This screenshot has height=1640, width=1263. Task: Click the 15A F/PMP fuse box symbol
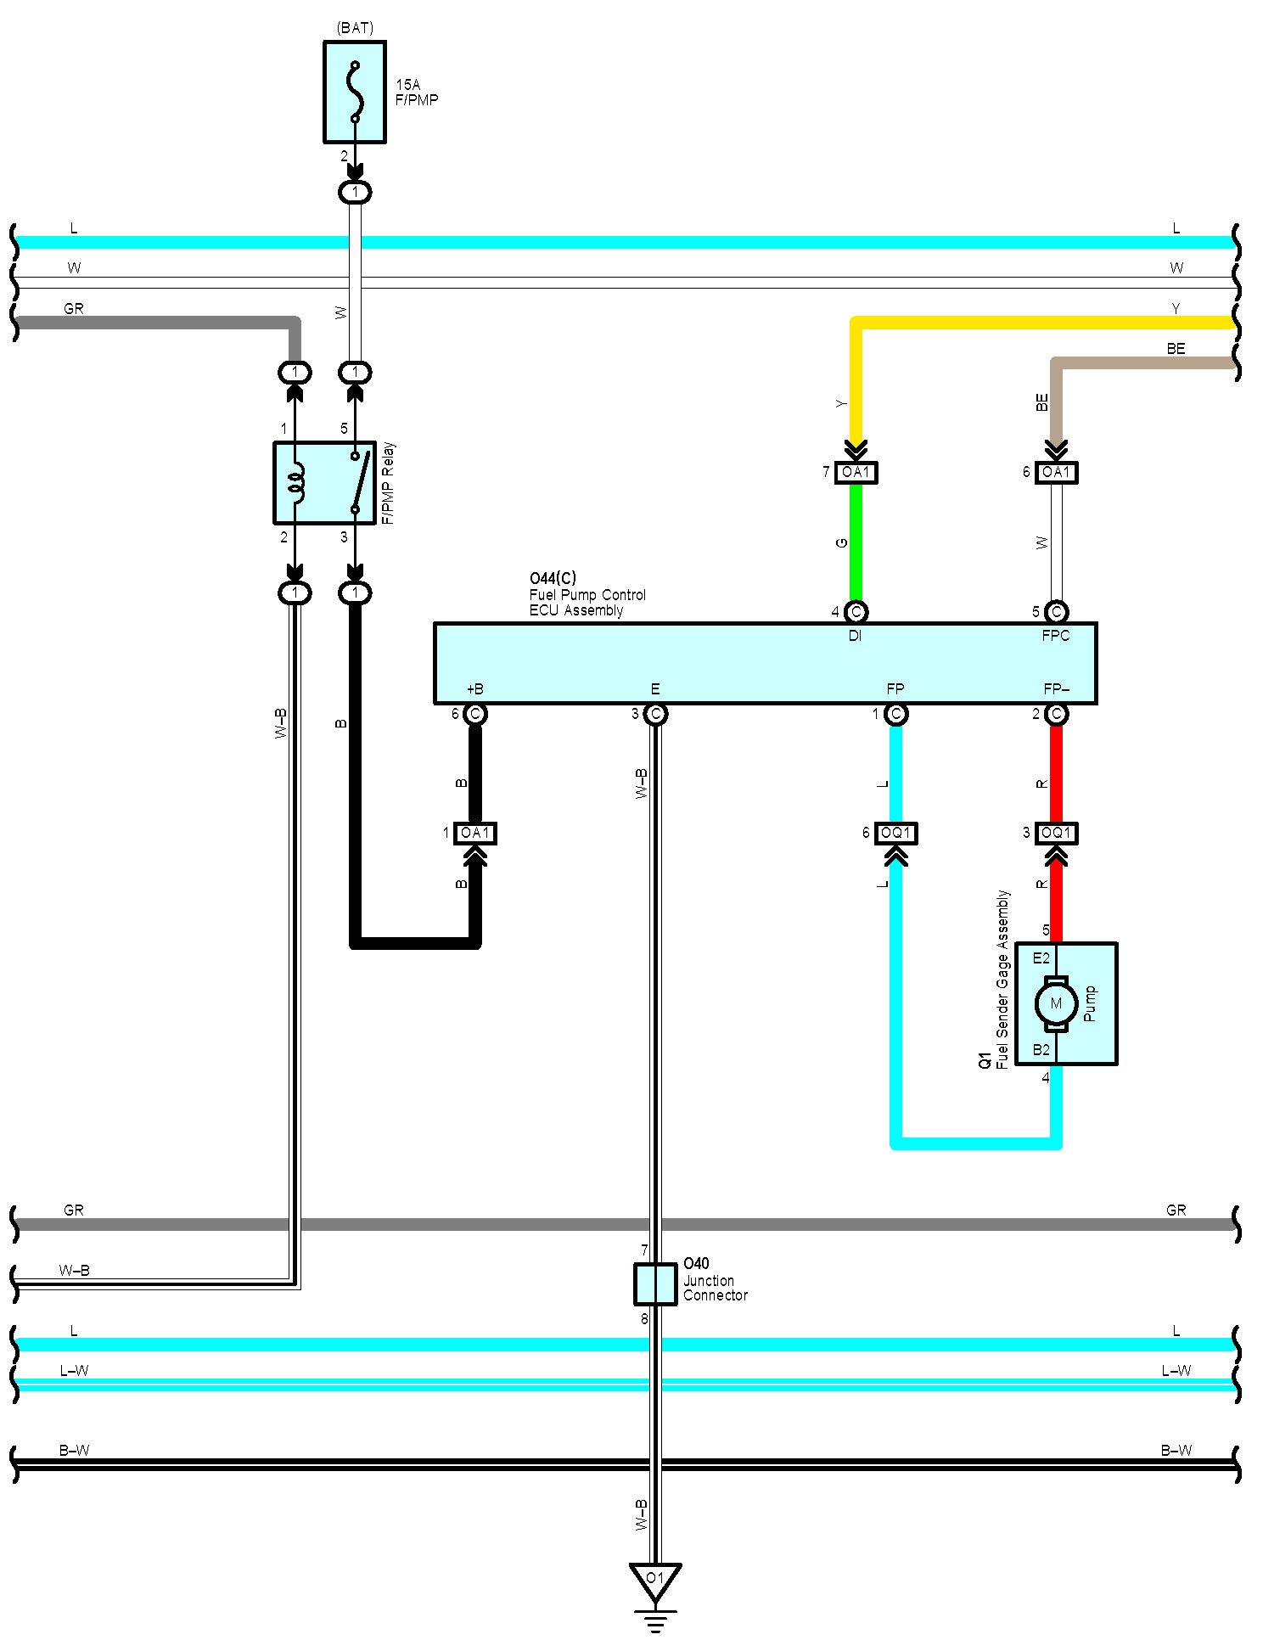click(355, 92)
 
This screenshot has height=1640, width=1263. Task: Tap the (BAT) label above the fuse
click(355, 28)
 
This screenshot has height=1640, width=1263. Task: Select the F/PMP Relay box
click(324, 482)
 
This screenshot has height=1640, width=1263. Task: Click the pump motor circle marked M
click(1056, 1003)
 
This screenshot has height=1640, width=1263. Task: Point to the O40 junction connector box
click(654, 1284)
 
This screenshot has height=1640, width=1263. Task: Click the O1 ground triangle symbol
click(654, 1581)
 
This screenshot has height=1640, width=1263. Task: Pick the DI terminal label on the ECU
click(855, 636)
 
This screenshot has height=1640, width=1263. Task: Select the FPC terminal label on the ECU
click(1056, 636)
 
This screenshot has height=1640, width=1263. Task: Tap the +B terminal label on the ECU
click(475, 689)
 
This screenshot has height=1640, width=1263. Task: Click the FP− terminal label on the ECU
click(1056, 689)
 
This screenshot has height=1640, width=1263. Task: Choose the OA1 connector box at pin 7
click(856, 472)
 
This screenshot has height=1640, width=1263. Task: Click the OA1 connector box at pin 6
click(1056, 472)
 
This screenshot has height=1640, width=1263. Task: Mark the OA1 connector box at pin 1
click(475, 834)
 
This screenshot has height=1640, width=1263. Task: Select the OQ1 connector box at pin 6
click(895, 834)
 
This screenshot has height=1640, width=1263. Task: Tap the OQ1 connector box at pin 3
click(1056, 834)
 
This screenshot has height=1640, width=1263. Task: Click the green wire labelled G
click(856, 543)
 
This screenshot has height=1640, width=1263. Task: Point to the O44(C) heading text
click(553, 579)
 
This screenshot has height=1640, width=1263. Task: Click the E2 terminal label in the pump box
click(1041, 958)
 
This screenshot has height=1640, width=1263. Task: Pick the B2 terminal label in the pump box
click(1041, 1050)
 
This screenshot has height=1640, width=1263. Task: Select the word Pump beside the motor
click(1091, 1003)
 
